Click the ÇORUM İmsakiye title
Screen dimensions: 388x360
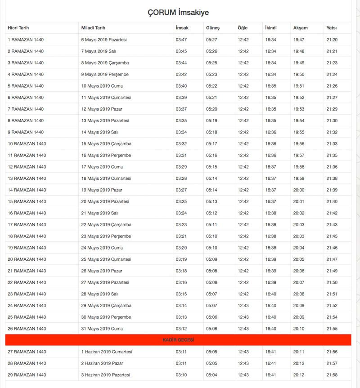coord(178,13)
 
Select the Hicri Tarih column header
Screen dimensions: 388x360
coord(18,28)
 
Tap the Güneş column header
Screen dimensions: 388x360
coord(213,28)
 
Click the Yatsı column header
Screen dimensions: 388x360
coord(331,28)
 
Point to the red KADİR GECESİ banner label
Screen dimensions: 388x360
coord(178,340)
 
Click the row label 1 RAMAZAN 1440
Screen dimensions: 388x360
coord(26,40)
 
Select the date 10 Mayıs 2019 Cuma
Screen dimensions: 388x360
coord(102,86)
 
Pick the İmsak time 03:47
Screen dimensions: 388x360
coord(181,40)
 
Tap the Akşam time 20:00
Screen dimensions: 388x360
coord(299,190)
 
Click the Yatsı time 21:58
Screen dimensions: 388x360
coord(332,375)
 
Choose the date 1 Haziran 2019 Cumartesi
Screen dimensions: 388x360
coord(107,352)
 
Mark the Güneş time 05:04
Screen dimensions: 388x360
coord(212,375)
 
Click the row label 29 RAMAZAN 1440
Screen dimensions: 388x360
coord(27,375)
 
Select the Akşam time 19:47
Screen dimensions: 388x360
coord(299,40)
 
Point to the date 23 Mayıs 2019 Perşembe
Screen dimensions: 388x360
coord(106,236)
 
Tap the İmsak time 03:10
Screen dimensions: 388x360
coord(181,375)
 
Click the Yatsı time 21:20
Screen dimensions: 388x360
coord(332,40)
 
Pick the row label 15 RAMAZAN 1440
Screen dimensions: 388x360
coord(27,201)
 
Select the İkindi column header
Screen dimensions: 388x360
coord(271,28)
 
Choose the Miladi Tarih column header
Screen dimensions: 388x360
coord(93,28)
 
